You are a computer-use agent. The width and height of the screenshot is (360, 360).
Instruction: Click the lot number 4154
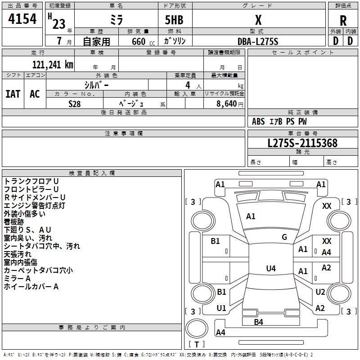tap(22, 19)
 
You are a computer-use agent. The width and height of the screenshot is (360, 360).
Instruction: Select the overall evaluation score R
tap(343, 21)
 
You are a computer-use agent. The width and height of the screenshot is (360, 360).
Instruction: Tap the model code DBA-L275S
tap(258, 41)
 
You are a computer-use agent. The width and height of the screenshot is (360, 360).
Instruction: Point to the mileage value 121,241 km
tap(52, 64)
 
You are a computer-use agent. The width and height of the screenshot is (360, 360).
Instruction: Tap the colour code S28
tap(75, 103)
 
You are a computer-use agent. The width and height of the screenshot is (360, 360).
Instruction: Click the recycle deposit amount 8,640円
tap(229, 103)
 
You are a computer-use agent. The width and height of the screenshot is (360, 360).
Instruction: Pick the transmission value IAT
tap(13, 94)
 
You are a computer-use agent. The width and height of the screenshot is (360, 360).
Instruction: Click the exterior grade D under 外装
tap(335, 40)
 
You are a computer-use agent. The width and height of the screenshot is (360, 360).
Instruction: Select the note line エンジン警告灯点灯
tap(35, 205)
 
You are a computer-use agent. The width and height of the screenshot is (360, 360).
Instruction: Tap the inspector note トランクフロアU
tap(31, 181)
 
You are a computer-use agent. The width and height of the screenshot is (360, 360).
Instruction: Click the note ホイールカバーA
tap(31, 286)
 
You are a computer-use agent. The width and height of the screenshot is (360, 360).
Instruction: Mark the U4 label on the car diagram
tap(270, 269)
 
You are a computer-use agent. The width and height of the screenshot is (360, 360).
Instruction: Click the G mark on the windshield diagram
tap(284, 237)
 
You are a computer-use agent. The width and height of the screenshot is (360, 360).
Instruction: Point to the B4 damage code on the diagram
tap(258, 322)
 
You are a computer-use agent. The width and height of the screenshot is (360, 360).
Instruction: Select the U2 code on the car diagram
tap(320, 292)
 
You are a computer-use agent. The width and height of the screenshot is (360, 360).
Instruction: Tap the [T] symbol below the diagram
tap(197, 345)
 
